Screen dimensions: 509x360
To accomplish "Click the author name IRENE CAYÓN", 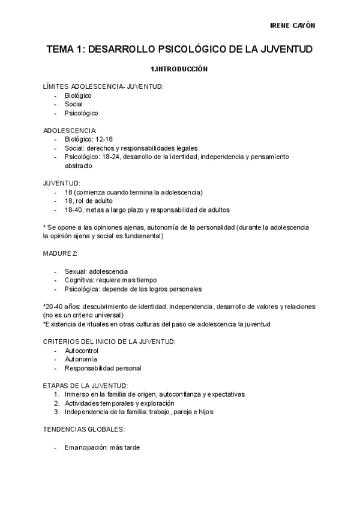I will pos(293,26).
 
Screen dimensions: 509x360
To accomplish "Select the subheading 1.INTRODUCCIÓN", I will pos(179,69).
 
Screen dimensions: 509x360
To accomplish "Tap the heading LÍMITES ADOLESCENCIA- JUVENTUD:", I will pos(104,86).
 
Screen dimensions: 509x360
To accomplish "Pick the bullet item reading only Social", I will pos(74,104).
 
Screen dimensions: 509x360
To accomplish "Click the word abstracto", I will pos(79,166).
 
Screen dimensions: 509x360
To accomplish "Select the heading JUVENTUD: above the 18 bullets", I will pos(62,183).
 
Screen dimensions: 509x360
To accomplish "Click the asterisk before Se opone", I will pos(45,227).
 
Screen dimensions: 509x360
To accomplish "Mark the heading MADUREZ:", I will pos(61,254).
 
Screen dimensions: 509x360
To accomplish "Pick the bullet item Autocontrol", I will pos(82,351).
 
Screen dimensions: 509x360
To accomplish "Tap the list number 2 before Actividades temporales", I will pos(56,403).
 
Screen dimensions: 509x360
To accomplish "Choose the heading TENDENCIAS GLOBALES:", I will pos(84,430).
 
